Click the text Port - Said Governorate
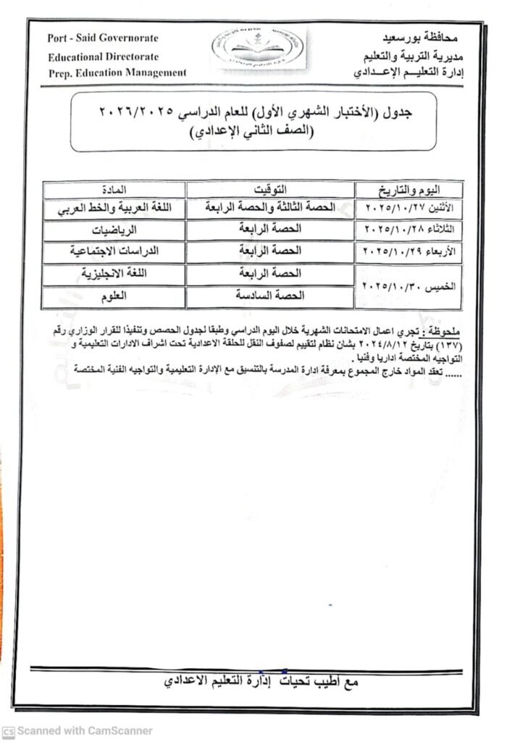click(x=102, y=38)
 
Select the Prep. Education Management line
click(x=117, y=72)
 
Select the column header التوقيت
click(x=270, y=189)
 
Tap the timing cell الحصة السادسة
click(x=270, y=296)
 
